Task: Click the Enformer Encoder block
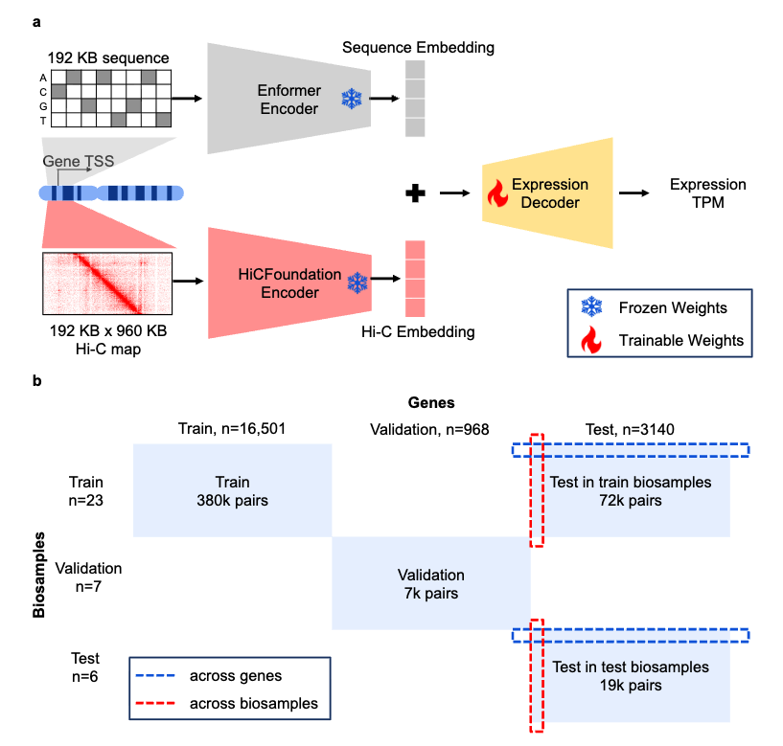click(x=288, y=99)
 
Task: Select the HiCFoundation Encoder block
click(x=288, y=283)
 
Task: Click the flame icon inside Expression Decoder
click(x=497, y=194)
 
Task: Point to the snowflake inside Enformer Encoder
click(x=353, y=98)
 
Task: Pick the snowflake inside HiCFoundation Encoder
click(x=357, y=283)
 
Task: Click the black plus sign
click(x=414, y=193)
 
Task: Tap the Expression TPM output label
click(x=707, y=193)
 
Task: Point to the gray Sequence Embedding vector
click(x=414, y=99)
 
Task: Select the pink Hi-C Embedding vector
click(x=414, y=279)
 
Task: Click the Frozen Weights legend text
click(x=674, y=307)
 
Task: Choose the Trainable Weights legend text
click(x=681, y=340)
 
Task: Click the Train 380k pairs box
click(x=231, y=491)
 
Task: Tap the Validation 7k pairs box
click(x=430, y=584)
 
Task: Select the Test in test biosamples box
click(x=631, y=676)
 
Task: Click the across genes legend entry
click(x=235, y=676)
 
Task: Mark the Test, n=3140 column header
click(x=630, y=430)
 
